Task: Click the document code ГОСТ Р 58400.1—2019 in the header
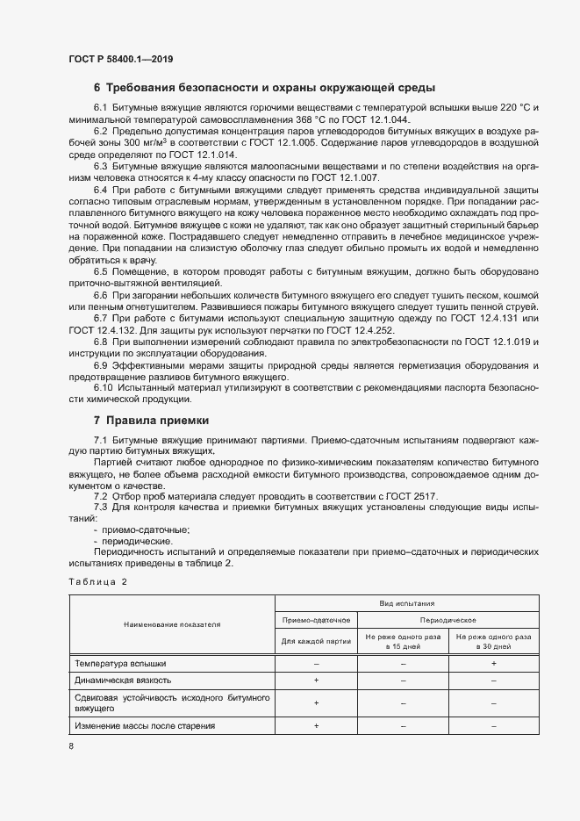(120, 60)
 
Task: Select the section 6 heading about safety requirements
(264, 88)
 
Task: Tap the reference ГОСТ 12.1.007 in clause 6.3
(363, 176)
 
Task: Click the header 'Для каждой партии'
(316, 641)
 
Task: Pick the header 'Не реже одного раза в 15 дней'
(403, 641)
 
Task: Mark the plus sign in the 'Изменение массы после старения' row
(316, 726)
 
